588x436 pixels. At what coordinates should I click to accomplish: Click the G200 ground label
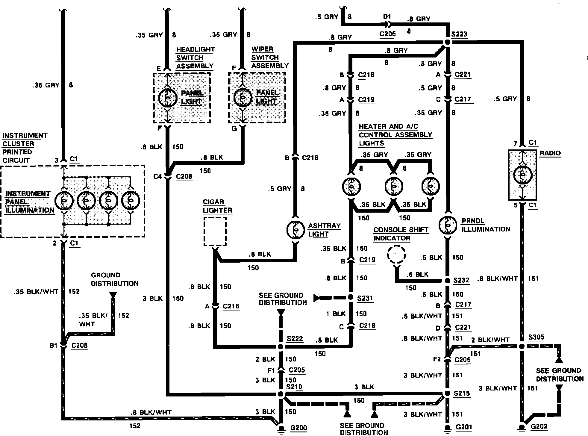click(x=298, y=428)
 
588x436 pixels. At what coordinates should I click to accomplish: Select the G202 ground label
click(x=539, y=426)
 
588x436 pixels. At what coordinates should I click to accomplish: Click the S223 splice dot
click(x=447, y=42)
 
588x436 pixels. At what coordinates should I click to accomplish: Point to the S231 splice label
click(x=365, y=298)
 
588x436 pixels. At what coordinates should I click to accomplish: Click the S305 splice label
click(x=536, y=337)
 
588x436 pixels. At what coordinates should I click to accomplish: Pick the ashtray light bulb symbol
click(x=295, y=230)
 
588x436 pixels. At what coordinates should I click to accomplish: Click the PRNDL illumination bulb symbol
click(x=448, y=225)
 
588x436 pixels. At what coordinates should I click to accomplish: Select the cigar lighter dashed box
click(x=215, y=231)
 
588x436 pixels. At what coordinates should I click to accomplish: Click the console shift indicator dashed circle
click(x=396, y=255)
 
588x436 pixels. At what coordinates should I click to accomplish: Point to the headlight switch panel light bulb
click(x=167, y=98)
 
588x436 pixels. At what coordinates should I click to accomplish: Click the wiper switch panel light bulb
click(x=243, y=98)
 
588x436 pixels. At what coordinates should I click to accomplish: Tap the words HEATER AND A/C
click(x=388, y=127)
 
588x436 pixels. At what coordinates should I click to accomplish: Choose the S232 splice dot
click(x=447, y=281)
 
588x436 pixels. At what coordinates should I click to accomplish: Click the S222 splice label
click(x=295, y=338)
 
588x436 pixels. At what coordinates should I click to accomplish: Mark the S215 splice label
click(x=462, y=393)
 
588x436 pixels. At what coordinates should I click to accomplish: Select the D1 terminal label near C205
click(x=387, y=17)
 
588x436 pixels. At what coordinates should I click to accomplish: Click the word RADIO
click(x=550, y=153)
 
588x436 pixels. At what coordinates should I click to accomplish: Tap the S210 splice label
click(x=294, y=387)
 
